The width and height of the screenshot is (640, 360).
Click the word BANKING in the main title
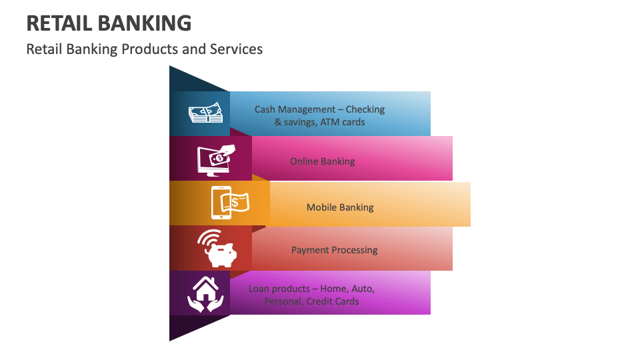tap(145, 23)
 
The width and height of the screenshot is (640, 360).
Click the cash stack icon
tap(205, 114)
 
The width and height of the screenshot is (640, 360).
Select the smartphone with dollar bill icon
tap(229, 202)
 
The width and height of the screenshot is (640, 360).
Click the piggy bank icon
tap(218, 249)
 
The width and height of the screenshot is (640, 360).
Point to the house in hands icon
tap(206, 294)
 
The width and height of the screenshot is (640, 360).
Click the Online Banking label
tap(322, 161)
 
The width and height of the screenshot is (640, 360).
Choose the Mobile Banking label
tap(340, 207)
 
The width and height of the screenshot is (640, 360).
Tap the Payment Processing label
tap(334, 250)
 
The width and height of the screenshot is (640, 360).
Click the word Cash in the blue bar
tap(265, 109)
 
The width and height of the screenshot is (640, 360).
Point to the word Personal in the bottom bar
tap(283, 301)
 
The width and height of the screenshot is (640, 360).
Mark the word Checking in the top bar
tap(365, 109)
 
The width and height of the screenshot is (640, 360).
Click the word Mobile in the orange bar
tap(322, 207)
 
